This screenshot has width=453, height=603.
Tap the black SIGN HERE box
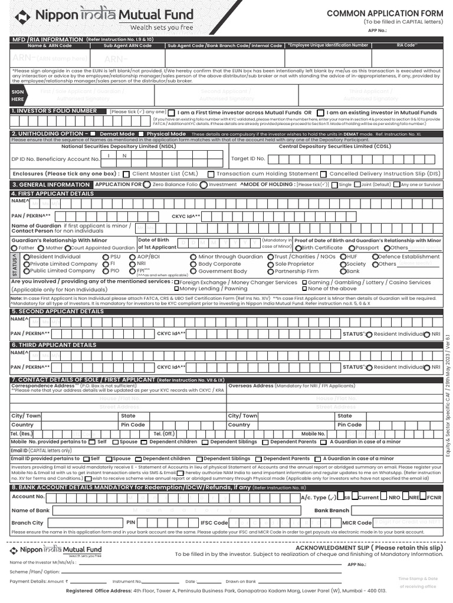tap(18, 96)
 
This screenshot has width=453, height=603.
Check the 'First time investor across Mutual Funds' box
tap(171, 112)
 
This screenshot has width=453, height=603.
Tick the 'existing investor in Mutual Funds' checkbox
tap(320, 112)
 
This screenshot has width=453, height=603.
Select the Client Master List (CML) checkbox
tap(126, 174)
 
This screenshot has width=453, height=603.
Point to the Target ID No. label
tap(248, 158)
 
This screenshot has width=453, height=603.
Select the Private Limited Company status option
tap(25, 264)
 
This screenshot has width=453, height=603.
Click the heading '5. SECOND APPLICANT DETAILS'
tap(57, 311)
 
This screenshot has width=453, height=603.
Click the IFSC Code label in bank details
tap(214, 523)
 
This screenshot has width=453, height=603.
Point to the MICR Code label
tap(356, 523)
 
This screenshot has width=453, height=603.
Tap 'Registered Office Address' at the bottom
tap(99, 591)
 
